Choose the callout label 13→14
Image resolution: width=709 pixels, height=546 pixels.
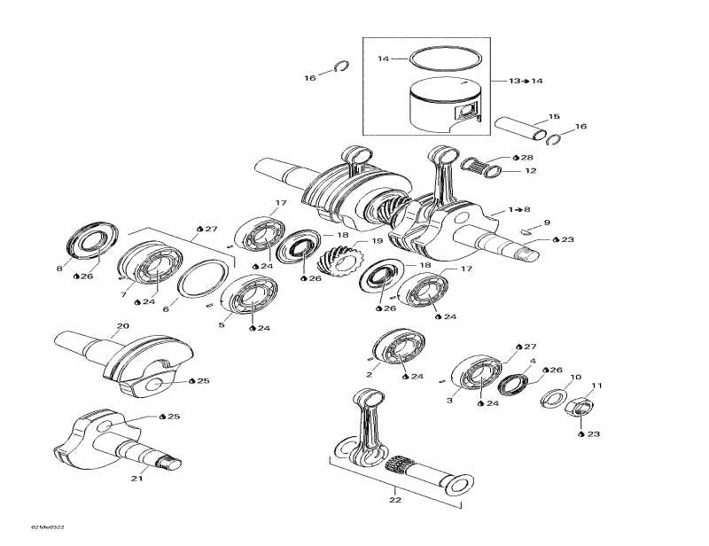[x=526, y=81]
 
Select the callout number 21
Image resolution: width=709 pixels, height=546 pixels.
[x=136, y=479]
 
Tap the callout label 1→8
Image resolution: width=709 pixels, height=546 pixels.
[x=521, y=210]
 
